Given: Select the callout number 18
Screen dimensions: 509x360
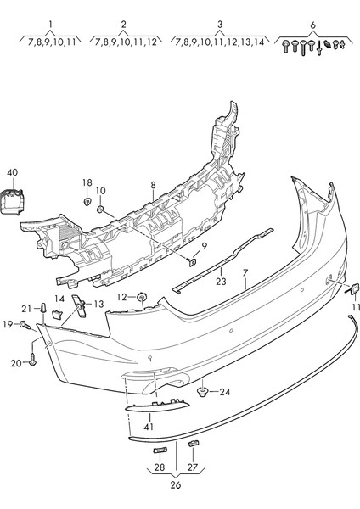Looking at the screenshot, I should click(87, 182).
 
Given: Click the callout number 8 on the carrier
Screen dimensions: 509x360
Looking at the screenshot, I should click(153, 184).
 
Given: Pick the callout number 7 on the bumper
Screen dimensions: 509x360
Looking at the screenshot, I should click(245, 274).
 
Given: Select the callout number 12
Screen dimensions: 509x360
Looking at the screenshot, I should click(122, 297).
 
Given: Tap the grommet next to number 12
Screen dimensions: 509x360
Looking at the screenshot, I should click(142, 297).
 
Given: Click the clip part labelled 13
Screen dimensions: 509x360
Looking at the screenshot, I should click(79, 305).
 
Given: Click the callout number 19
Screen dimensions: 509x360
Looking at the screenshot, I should click(7, 324).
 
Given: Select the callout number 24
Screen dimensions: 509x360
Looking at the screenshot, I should click(224, 392).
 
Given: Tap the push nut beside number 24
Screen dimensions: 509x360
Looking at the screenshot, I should click(204, 391).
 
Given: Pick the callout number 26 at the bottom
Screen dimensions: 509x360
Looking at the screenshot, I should click(175, 486).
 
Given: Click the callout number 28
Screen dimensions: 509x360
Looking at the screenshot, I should click(159, 467).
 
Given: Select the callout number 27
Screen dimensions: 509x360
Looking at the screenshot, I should click(192, 467).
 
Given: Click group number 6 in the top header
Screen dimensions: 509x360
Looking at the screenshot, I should click(312, 24).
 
